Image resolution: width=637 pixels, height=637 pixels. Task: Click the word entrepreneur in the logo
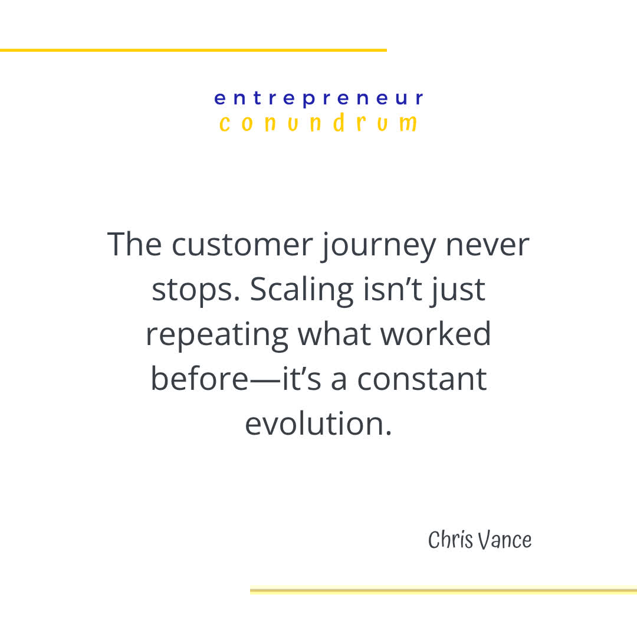[318, 98]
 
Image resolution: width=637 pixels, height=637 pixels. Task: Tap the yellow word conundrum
[318, 123]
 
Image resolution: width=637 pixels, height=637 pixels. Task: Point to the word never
[487, 244]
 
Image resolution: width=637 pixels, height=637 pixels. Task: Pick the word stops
[193, 290]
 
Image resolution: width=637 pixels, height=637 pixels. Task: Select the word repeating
[216, 334]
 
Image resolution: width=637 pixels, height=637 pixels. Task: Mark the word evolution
[318, 423]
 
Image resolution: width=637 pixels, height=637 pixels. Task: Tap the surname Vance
[505, 540]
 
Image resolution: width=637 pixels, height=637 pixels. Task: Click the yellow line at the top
[193, 50]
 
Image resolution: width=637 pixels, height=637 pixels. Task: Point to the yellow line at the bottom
[443, 589]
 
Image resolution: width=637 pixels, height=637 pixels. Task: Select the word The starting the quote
[135, 244]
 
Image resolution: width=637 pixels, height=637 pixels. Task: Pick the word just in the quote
[457, 290]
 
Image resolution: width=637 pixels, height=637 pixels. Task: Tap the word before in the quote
[199, 379]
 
